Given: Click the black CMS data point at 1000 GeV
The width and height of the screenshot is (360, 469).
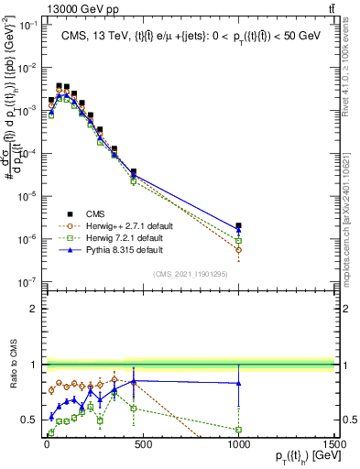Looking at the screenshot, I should coord(238,225).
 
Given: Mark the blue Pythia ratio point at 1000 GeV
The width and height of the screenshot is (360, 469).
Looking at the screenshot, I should coord(238,383).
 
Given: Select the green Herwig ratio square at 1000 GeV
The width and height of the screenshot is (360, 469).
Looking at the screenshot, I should coord(238,429).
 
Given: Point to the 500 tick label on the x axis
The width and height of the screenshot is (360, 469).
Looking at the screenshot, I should coord(142,444).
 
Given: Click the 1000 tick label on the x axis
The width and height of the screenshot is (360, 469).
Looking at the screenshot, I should coord(238,444).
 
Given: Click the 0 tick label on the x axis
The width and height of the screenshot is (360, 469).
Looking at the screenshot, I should coord(47,444).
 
